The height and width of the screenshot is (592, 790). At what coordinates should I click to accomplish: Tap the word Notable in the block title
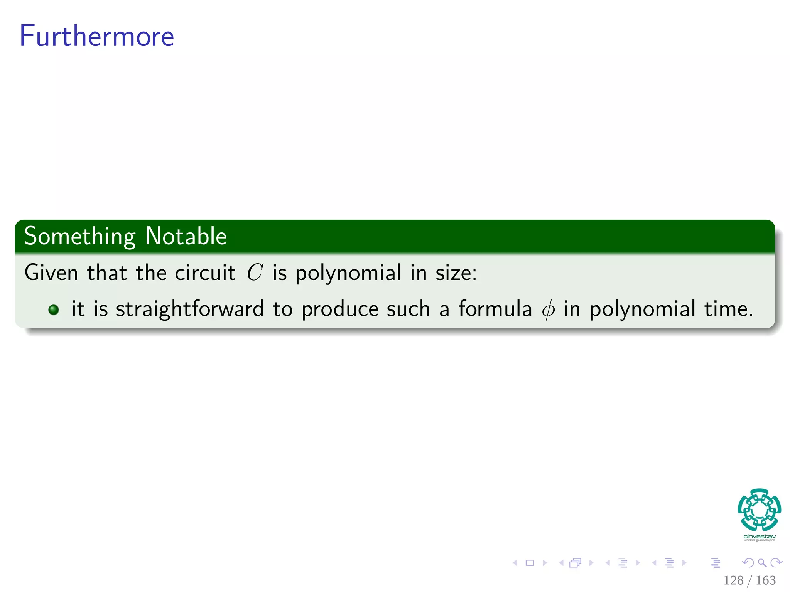click(x=186, y=236)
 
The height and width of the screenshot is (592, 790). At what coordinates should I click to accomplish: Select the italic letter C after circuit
click(x=255, y=272)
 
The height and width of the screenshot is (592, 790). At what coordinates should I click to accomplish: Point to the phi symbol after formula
click(x=548, y=309)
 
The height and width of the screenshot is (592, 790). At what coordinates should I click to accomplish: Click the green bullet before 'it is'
click(x=54, y=309)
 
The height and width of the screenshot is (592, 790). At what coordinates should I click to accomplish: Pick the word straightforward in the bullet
click(x=190, y=309)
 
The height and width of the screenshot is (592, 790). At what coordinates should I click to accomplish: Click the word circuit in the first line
click(x=205, y=272)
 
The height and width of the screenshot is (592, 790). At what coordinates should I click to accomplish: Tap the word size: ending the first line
click(x=456, y=272)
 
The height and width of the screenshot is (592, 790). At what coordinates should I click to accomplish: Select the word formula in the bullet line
click(x=495, y=309)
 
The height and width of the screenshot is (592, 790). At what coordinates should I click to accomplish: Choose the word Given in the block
click(x=51, y=272)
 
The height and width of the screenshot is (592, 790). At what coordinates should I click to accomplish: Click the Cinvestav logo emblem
click(x=759, y=510)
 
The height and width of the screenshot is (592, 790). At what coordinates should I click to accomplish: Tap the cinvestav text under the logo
click(x=759, y=536)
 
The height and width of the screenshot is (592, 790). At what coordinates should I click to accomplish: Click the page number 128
click(x=733, y=580)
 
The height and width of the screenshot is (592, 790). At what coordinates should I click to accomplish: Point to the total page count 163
click(x=765, y=580)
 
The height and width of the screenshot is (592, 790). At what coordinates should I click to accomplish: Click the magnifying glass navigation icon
click(x=762, y=563)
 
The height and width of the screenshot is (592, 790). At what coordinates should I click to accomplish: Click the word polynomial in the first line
click(x=348, y=273)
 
